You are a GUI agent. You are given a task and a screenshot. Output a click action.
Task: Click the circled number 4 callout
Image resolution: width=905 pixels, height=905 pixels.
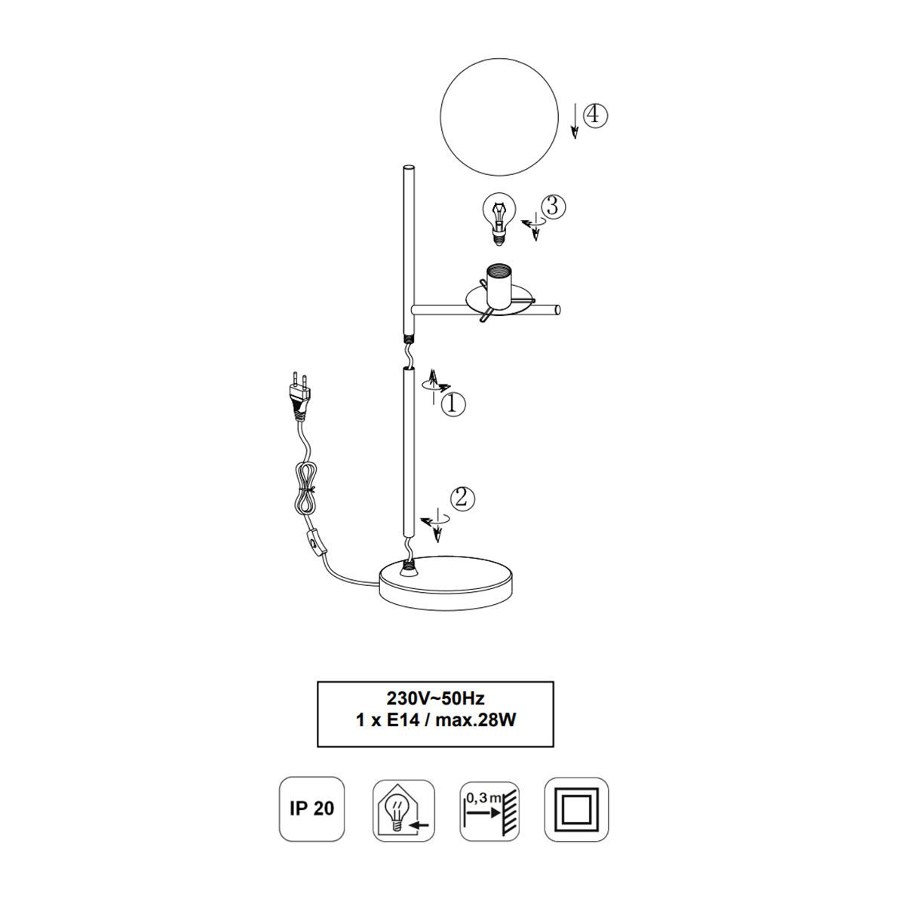coord(595,115)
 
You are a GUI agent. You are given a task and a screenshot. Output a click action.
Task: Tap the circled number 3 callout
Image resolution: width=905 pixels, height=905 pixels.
coord(553,206)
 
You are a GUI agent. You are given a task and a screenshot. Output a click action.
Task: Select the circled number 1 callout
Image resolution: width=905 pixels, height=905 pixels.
coord(452,403)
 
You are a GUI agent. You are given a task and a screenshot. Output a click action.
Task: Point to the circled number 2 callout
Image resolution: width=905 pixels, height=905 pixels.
coord(462,498)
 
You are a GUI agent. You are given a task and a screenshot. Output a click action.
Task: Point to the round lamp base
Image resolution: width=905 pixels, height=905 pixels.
coord(446,582)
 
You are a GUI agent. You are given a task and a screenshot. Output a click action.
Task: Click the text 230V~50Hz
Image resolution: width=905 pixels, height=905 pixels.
coord(435,711)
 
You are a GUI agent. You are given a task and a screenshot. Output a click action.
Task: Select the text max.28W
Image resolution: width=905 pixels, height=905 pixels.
coord(475,733)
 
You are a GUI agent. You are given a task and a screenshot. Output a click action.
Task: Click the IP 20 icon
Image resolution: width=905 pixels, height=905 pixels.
coord(311,808)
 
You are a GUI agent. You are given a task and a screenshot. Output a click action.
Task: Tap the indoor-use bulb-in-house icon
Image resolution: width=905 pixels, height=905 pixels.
coord(404,810)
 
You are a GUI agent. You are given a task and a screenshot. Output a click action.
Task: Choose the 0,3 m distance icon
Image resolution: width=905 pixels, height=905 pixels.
coord(490,811)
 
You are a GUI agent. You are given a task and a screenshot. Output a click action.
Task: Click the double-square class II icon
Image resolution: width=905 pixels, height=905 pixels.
coord(576,808)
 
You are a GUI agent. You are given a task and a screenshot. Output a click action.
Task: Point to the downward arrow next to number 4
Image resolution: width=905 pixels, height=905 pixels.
coord(574,121)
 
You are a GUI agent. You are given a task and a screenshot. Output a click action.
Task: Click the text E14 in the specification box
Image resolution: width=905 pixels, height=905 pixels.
coord(402,733)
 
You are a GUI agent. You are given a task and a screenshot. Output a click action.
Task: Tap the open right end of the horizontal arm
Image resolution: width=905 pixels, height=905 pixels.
coord(557,310)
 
